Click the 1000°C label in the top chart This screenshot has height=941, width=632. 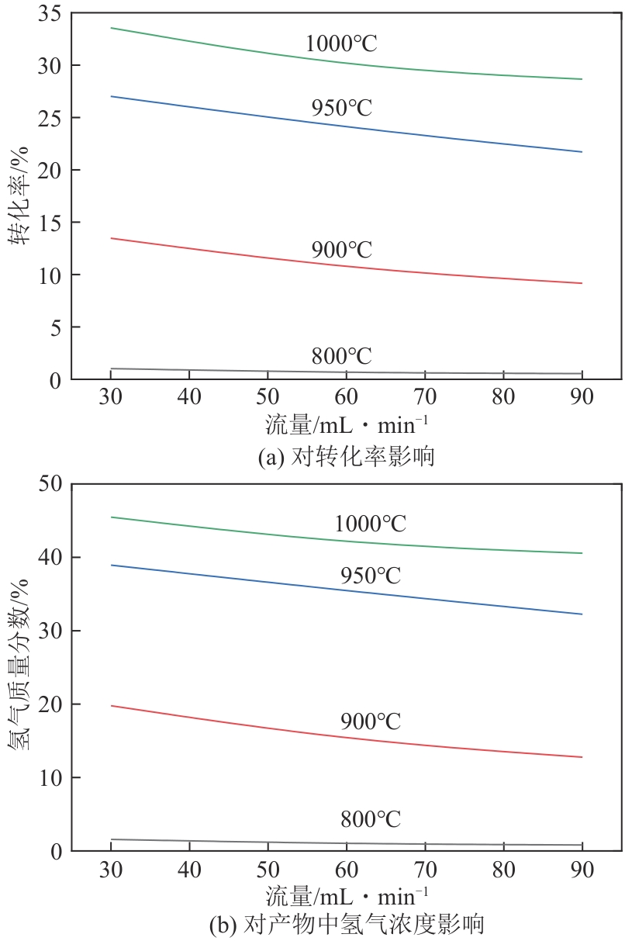pyautogui.click(x=341, y=43)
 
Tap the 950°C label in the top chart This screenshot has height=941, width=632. pyautogui.click(x=342, y=108)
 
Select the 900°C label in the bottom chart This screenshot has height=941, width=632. pyautogui.click(x=371, y=721)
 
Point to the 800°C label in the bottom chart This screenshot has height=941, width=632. pyautogui.click(x=371, y=819)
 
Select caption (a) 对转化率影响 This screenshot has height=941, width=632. pyautogui.click(x=346, y=457)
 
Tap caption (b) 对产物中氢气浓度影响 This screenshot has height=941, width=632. pyautogui.click(x=346, y=925)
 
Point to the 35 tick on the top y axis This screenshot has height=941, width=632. pyautogui.click(x=50, y=12)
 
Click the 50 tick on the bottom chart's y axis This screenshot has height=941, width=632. pyautogui.click(x=50, y=484)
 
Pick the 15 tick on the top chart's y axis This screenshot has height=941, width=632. pyautogui.click(x=50, y=223)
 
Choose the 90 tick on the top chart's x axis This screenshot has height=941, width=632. pyautogui.click(x=582, y=397)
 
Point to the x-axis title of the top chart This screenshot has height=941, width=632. pyautogui.click(x=346, y=425)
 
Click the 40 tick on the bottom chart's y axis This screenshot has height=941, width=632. pyautogui.click(x=50, y=557)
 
